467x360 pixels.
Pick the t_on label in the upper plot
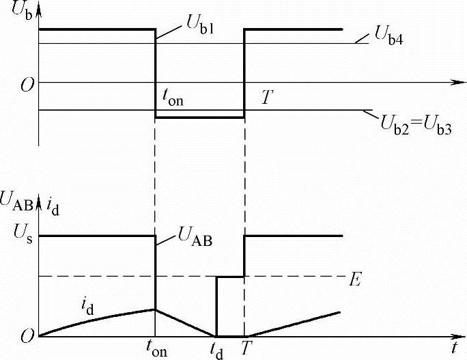[x=173, y=98]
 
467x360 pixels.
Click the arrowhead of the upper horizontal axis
[x=454, y=83]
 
